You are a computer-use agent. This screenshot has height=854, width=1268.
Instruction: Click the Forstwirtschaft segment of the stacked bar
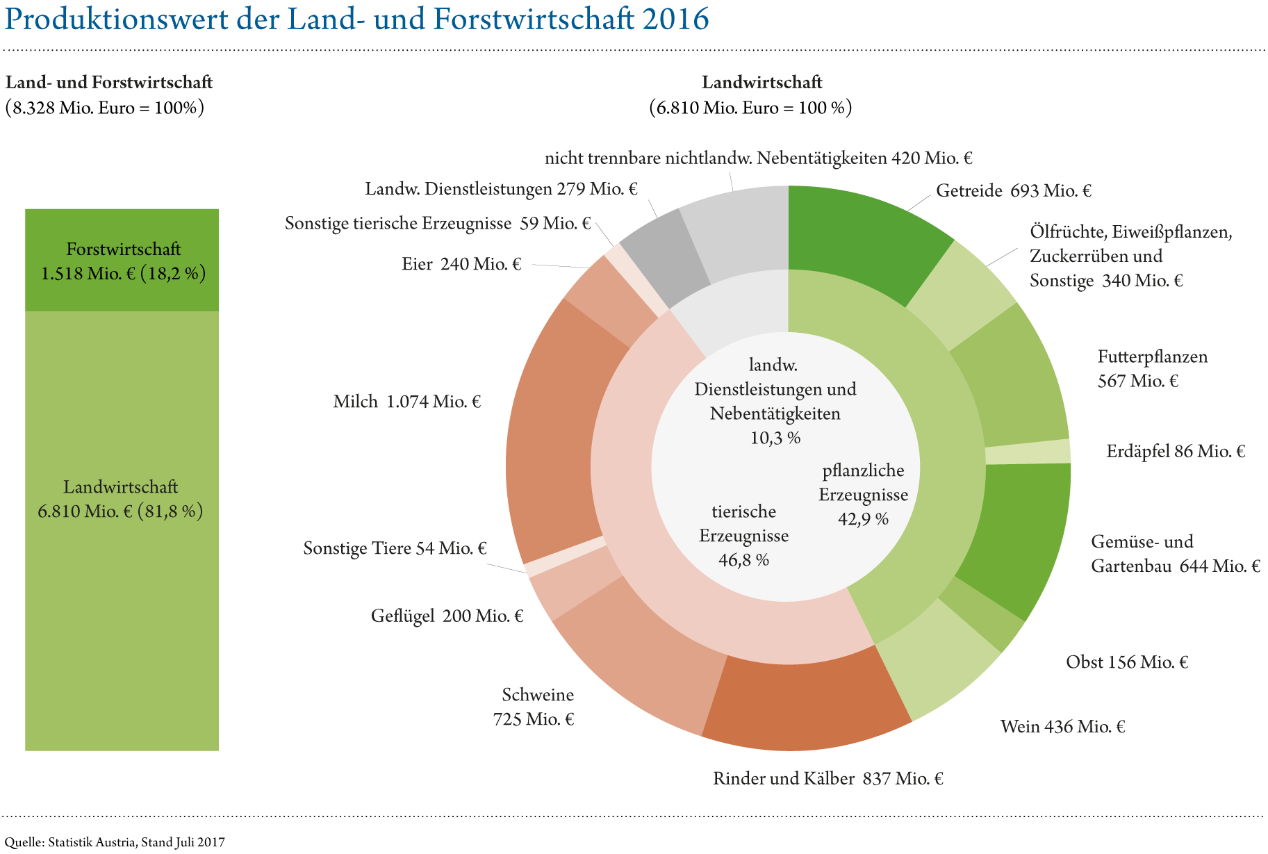(122, 259)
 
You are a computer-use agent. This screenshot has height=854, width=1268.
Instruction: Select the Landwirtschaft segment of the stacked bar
(122, 528)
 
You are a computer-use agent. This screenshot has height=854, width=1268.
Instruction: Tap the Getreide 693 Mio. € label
(1013, 190)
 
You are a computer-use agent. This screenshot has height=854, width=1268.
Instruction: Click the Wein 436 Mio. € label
(1062, 727)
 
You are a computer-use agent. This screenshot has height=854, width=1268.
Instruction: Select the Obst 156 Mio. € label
(1126, 662)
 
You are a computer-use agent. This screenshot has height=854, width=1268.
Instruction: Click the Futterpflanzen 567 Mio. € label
(1152, 369)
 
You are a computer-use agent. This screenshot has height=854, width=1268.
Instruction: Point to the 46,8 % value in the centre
(743, 560)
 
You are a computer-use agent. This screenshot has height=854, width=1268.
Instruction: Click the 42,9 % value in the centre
(863, 519)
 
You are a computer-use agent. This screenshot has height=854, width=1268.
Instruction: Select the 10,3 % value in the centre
(775, 438)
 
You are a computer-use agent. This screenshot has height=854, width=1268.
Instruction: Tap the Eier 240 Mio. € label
(461, 265)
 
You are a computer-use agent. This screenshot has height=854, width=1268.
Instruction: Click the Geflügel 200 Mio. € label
(447, 616)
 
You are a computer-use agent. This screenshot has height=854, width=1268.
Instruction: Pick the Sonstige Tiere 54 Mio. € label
(394, 549)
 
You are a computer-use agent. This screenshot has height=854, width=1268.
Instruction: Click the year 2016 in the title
(675, 19)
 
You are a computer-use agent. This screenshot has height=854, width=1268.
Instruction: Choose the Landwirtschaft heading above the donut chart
(761, 82)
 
